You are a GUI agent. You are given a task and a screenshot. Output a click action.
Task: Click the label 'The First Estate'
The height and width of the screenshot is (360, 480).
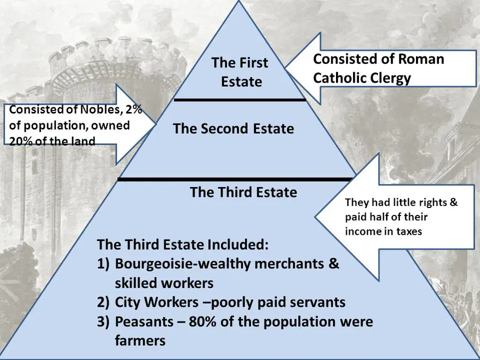click(x=240, y=72)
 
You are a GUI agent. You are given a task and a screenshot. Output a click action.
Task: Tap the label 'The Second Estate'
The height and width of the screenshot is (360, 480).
click(x=233, y=129)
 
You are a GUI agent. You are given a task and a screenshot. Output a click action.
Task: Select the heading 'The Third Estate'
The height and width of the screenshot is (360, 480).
click(x=243, y=192)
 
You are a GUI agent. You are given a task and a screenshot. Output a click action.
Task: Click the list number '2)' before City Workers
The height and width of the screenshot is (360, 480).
click(x=103, y=302)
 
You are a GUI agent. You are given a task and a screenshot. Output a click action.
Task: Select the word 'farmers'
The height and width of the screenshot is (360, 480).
click(x=140, y=340)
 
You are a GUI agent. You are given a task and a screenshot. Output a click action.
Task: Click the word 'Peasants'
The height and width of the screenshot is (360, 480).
click(x=144, y=322)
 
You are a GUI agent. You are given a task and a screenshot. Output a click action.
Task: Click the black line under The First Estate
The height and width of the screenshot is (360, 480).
click(x=239, y=100)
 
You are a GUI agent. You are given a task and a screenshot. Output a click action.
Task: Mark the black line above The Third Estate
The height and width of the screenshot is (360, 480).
click(x=235, y=179)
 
